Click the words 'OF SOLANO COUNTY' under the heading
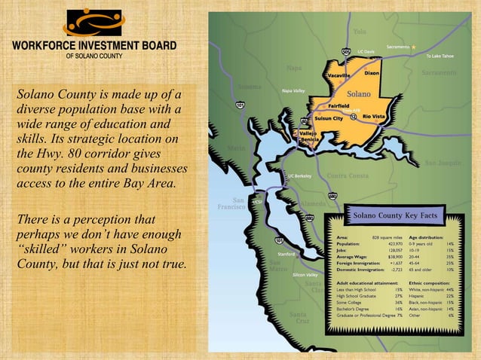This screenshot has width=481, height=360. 93,56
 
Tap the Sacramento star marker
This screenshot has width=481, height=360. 413,47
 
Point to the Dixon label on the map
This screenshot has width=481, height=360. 372,73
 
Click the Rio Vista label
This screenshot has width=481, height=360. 374,117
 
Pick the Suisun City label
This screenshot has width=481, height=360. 328,118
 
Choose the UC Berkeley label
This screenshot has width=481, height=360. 300,176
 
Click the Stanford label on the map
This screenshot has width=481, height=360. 286,254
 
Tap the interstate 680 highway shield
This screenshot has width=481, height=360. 332,197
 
